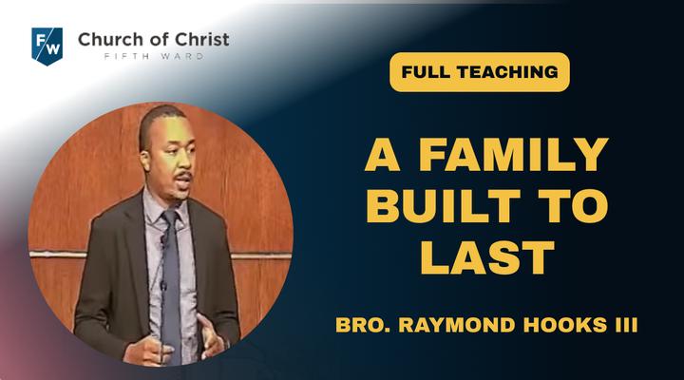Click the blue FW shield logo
(47, 47)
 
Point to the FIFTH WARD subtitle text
(154, 57)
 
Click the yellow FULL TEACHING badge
(480, 72)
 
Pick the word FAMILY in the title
(514, 155)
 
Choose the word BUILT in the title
(444, 206)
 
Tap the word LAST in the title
(487, 257)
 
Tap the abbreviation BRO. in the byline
(363, 325)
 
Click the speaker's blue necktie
(171, 284)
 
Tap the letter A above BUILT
(383, 155)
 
